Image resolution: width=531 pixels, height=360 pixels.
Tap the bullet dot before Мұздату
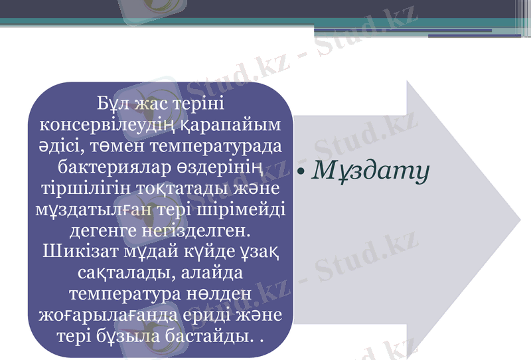coord(301,172)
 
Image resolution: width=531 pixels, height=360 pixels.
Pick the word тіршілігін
coord(80,188)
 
